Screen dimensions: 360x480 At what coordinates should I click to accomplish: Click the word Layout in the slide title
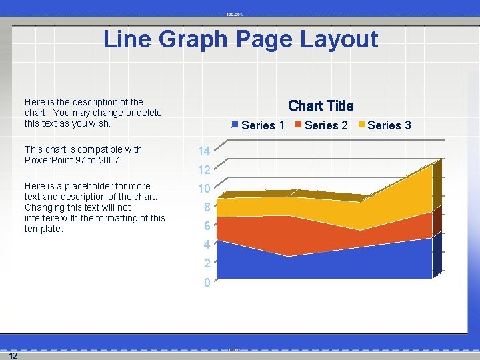[x=339, y=39]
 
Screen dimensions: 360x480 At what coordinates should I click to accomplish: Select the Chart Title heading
[x=321, y=106]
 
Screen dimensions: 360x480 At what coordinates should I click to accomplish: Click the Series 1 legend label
[x=263, y=125]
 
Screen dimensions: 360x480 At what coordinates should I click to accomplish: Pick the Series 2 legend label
[x=326, y=125]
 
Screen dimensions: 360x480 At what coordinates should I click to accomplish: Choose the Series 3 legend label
[x=389, y=125]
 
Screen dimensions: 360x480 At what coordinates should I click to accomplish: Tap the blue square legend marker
[x=235, y=125]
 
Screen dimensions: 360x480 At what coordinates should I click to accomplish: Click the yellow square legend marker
[x=362, y=125]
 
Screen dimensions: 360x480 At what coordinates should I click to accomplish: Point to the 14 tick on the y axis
[x=204, y=151]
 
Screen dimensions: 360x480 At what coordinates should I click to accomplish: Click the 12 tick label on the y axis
[x=204, y=170]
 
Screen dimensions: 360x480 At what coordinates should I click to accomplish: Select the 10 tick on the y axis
[x=204, y=189]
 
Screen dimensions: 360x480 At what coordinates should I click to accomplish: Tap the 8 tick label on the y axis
[x=207, y=207]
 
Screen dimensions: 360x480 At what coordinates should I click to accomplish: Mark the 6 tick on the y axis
[x=207, y=226]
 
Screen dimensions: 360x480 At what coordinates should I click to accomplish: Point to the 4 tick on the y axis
[x=207, y=245]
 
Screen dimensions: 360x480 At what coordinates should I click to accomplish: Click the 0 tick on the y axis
[x=207, y=283]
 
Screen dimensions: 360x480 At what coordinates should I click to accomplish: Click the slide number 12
[x=13, y=355]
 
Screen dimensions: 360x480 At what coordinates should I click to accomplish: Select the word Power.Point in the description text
[x=49, y=160]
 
